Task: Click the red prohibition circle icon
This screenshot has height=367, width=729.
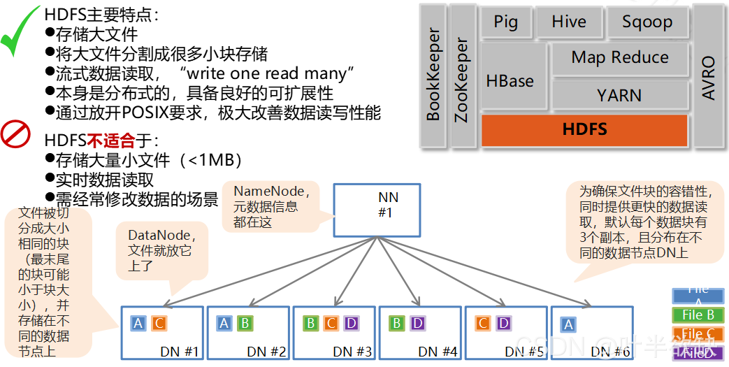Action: pos(15,134)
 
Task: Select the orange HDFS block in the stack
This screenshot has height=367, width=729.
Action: pos(584,130)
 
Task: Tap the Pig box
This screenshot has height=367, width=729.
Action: pos(506,22)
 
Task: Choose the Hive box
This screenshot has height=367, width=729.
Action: pos(569,22)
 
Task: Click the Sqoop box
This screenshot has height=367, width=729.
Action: pos(647,22)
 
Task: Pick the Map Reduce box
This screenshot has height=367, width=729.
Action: pos(619,59)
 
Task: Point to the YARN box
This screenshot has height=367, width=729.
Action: pos(619,95)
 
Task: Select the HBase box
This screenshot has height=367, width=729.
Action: pos(510,81)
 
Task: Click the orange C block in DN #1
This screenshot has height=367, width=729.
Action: pos(159,323)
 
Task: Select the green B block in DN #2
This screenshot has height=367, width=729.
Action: pos(244,323)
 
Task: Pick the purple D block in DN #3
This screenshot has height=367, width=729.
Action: pos(351,323)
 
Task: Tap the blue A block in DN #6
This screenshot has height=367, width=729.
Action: pos(568,324)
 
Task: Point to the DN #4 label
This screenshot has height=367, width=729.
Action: pos(439,352)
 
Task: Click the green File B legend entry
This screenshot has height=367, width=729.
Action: pos(698,315)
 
